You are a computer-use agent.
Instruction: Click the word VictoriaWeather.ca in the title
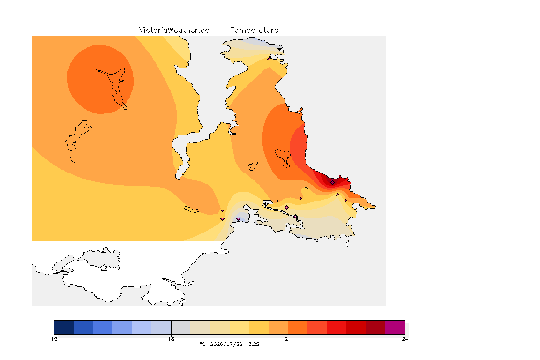174,30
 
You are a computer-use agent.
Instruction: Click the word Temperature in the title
254,30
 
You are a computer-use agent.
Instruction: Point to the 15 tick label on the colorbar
54,339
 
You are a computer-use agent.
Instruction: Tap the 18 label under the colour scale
171,339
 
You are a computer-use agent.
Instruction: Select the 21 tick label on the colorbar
288,339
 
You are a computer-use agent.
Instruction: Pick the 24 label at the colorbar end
405,339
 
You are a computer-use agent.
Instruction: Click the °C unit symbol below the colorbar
202,344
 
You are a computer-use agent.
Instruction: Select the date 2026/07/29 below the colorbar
226,344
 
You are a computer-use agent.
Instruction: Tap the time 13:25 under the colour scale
252,344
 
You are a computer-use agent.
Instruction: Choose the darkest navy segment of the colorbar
64,327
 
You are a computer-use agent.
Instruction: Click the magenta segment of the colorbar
395,327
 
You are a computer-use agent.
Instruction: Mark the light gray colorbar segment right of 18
181,327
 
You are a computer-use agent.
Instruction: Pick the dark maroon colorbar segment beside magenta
376,327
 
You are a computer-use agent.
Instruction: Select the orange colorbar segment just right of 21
298,327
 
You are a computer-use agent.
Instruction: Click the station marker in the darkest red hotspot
332,182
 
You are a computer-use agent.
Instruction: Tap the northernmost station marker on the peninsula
270,59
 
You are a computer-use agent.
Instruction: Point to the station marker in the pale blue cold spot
238,219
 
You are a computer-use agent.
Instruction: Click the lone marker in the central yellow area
212,149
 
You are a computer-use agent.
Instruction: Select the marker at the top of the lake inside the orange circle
108,69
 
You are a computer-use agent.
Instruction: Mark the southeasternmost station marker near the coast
341,231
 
